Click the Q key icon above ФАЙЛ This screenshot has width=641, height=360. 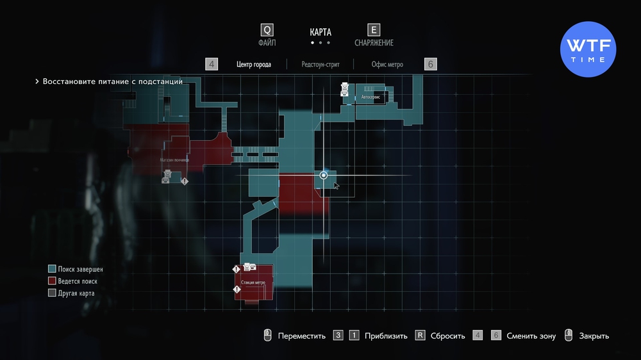tap(267, 30)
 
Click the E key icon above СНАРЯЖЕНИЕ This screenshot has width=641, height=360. tap(374, 30)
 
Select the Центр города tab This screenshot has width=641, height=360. tap(253, 64)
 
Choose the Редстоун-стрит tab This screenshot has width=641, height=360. tap(320, 64)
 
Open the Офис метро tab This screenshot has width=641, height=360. tap(387, 64)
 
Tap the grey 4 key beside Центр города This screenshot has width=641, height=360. tap(212, 64)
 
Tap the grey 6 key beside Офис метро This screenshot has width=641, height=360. tap(431, 64)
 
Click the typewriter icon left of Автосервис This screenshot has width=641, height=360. tap(345, 90)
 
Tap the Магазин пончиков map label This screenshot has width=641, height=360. tap(174, 160)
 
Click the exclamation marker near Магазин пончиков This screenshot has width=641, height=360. tap(185, 181)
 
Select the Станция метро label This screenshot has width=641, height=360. tap(253, 282)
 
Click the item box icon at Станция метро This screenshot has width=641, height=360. tap(249, 268)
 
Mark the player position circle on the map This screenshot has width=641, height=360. tap(324, 175)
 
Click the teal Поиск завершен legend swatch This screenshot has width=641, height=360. tap(52, 270)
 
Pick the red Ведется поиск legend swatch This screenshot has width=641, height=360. tap(52, 281)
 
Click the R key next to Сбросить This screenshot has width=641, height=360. tap(420, 336)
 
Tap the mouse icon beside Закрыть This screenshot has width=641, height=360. tap(568, 336)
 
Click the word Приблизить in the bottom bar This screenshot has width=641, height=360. tap(386, 336)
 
